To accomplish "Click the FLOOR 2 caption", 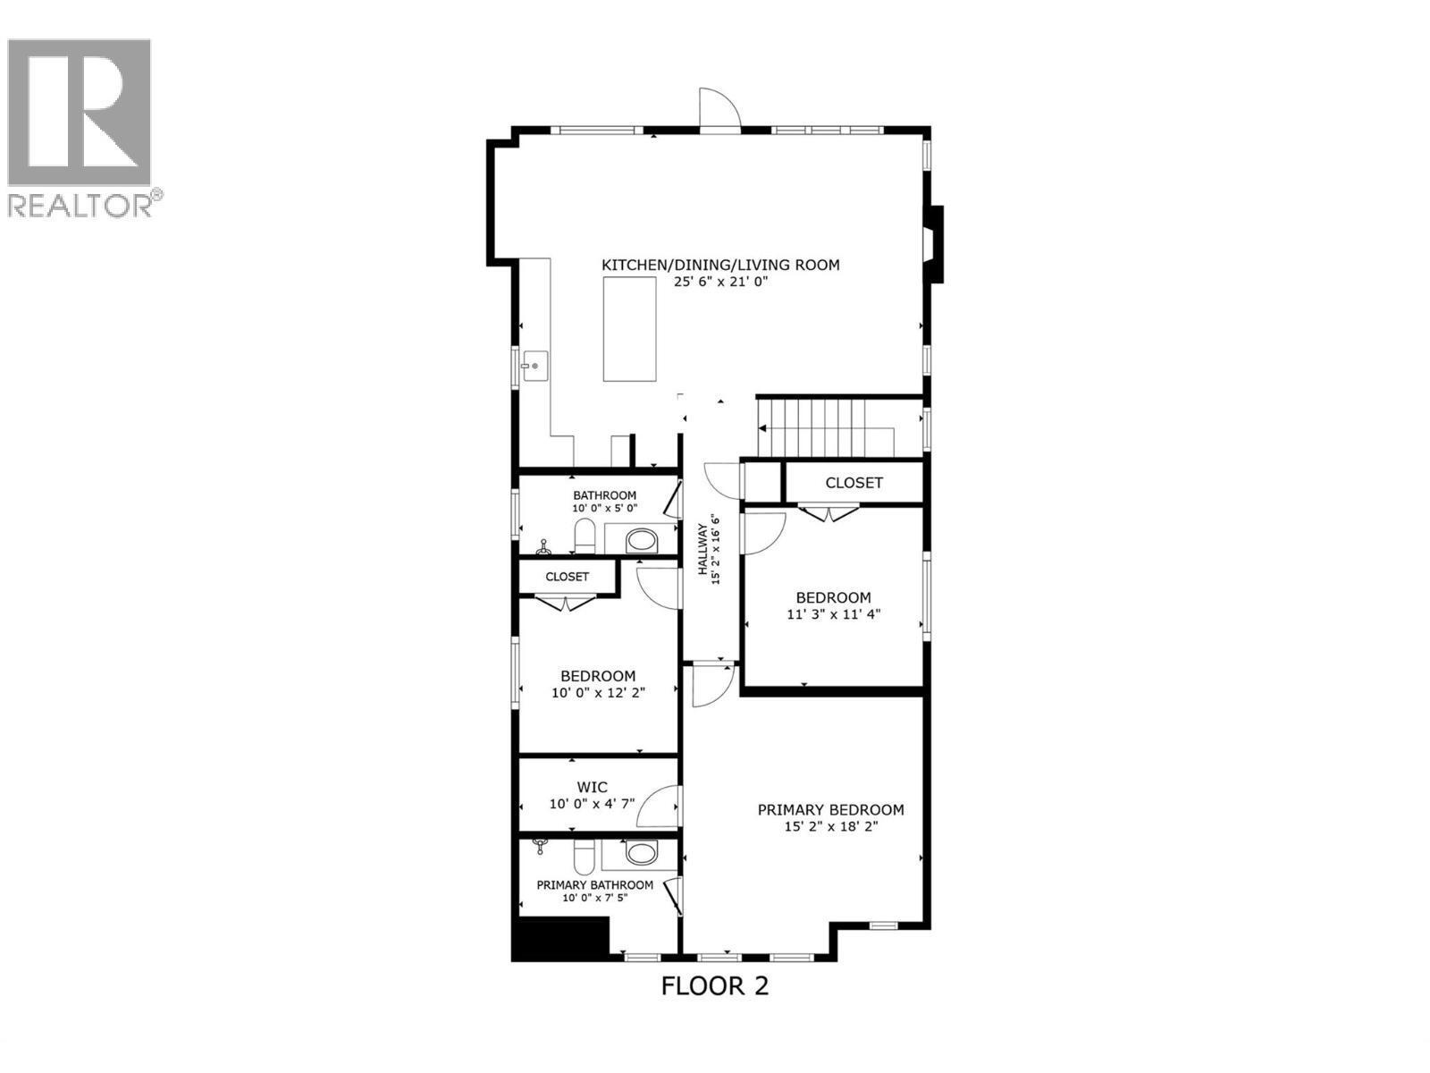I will coord(714,985).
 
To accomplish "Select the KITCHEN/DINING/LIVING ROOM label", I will coord(720,265).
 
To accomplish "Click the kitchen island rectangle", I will coord(630,329).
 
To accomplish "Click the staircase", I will coord(812,427).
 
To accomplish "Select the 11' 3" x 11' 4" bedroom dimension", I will coord(833,614).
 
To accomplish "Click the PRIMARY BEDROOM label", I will coord(830,810).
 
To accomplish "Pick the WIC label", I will coord(592,787).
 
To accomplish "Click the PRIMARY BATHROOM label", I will coord(594,885).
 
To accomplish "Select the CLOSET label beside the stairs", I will coord(854,483).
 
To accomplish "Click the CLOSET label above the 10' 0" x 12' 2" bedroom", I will coord(568,577).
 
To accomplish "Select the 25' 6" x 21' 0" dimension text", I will coord(720,282).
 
